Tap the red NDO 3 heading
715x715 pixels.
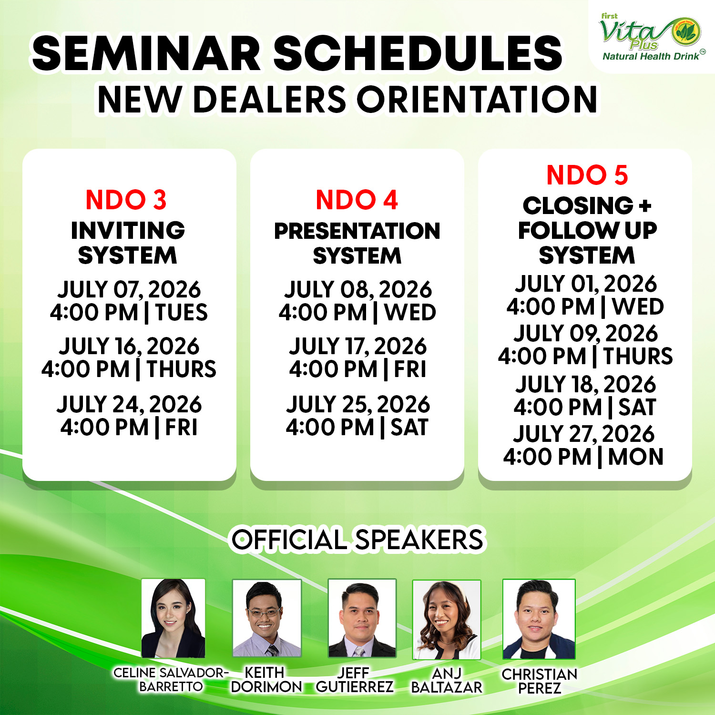(126, 200)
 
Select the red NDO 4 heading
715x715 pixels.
(357, 200)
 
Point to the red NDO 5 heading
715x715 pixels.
(587, 175)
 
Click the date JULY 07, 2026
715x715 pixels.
(129, 289)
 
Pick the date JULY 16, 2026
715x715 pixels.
(129, 346)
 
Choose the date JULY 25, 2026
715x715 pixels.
(358, 404)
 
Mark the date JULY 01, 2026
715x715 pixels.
(586, 284)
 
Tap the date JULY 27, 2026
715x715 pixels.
(584, 434)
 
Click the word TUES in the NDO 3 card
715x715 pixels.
(181, 313)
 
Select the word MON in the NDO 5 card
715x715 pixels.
(636, 457)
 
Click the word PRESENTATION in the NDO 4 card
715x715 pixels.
(357, 231)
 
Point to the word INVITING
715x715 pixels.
(128, 231)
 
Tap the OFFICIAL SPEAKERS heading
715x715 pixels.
(357, 540)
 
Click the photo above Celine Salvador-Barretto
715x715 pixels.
(174, 618)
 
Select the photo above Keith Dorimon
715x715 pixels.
(266, 618)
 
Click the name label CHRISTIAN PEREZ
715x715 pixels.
(540, 681)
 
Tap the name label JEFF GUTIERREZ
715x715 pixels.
(355, 680)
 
